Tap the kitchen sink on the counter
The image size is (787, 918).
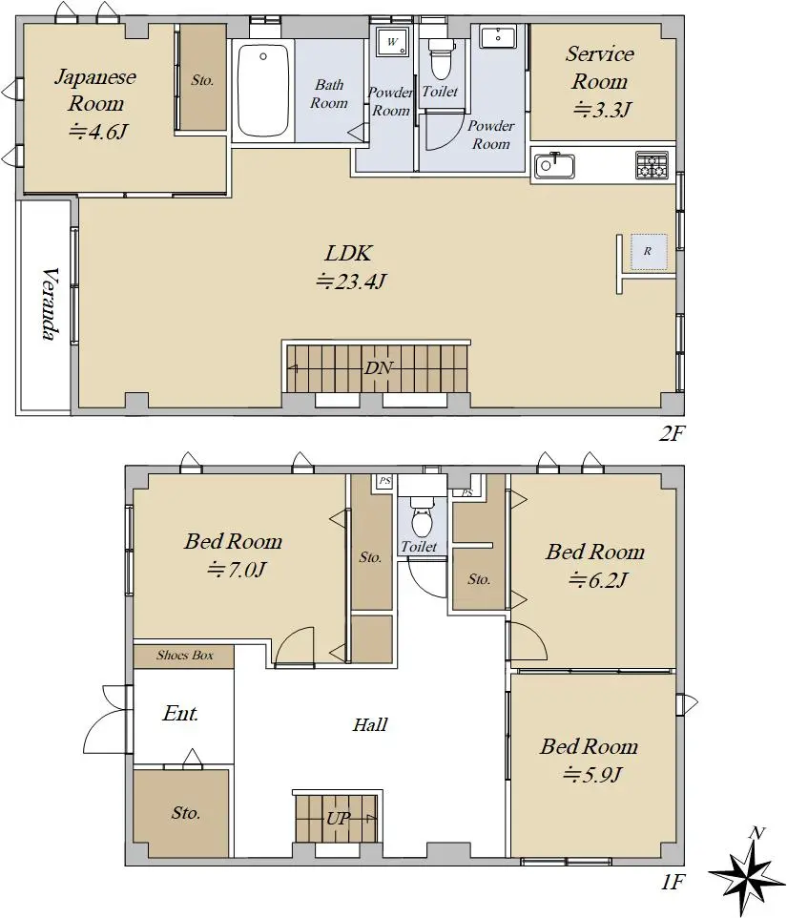point(553,166)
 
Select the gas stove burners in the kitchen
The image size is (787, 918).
point(652,165)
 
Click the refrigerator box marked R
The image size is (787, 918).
point(649,252)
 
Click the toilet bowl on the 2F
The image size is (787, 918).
point(441,60)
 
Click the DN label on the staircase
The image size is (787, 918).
point(379,368)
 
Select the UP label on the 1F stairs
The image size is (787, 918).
point(339,818)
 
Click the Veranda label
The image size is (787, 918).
point(52,303)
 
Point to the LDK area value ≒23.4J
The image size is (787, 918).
point(350,282)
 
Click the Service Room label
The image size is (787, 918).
point(600,68)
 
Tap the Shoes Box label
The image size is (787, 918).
point(184,656)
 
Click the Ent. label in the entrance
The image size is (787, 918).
point(180,713)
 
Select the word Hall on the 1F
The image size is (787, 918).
point(370,725)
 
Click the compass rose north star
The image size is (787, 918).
point(747,874)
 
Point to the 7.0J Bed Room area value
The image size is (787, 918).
point(237,570)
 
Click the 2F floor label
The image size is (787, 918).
point(672,433)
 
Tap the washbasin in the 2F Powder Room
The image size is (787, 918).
point(498,37)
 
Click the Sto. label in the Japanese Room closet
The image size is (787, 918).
point(202,80)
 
